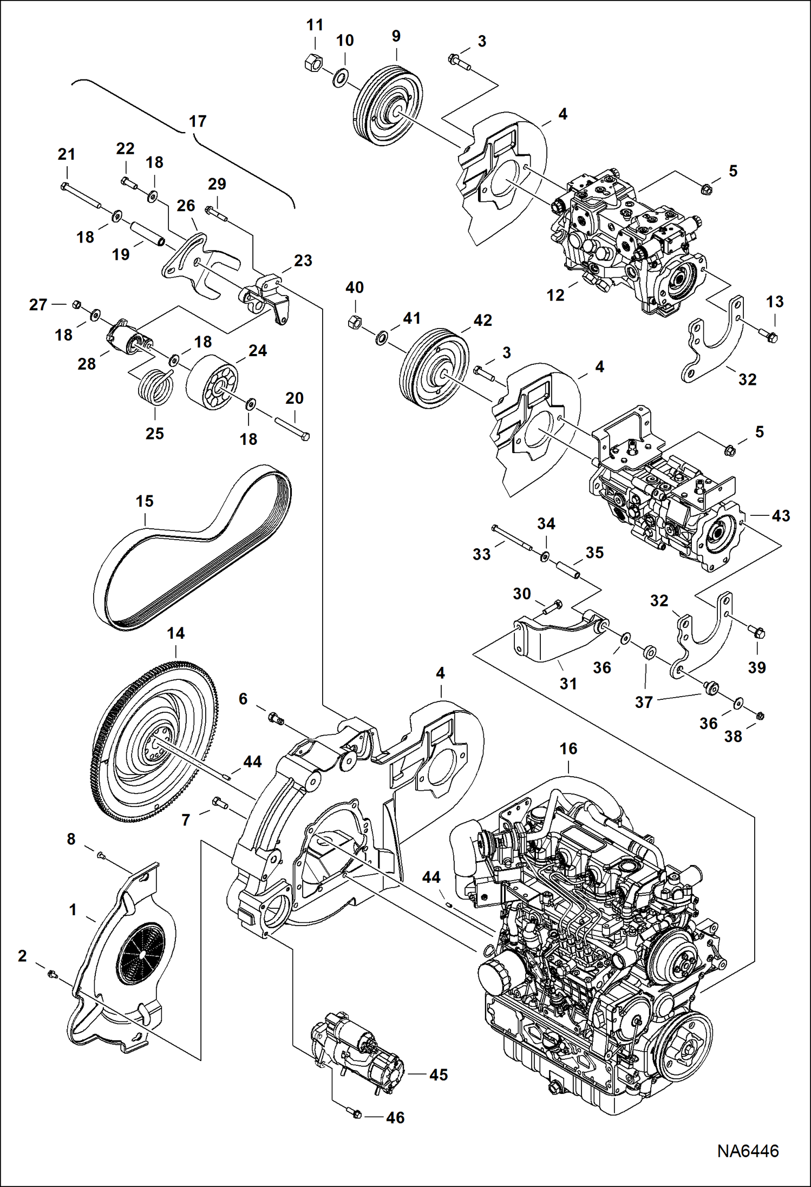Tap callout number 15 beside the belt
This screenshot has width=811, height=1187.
click(x=145, y=501)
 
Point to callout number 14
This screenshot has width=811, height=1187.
click(x=175, y=633)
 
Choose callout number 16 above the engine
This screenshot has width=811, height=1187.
click(x=568, y=749)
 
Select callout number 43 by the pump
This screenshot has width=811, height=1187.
click(x=780, y=516)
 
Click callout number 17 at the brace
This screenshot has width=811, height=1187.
click(x=198, y=121)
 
